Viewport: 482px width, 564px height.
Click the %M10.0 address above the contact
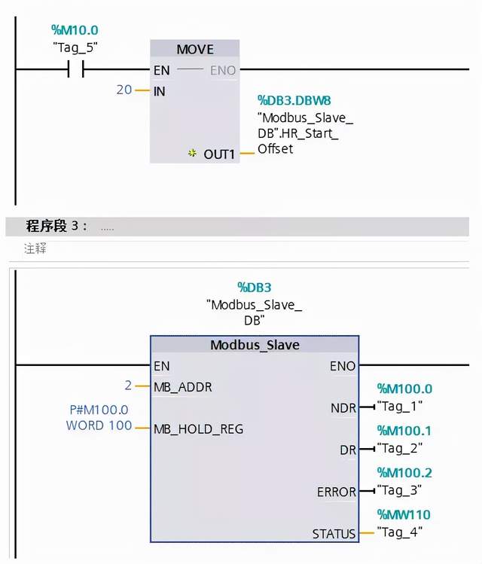click(x=75, y=30)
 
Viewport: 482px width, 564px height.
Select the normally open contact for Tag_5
click(x=75, y=70)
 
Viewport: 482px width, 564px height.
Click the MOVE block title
click(x=195, y=49)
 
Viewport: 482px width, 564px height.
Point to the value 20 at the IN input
click(x=124, y=90)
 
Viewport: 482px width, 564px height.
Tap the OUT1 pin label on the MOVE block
click(x=220, y=154)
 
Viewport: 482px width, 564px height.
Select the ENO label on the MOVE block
click(x=223, y=70)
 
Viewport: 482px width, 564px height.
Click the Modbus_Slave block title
click(x=255, y=345)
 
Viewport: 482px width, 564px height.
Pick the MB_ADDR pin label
click(x=182, y=386)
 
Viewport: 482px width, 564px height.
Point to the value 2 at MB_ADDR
click(x=128, y=386)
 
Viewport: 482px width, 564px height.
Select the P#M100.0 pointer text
click(x=99, y=410)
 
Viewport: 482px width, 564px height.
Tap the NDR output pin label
click(x=343, y=407)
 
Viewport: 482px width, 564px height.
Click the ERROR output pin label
click(x=337, y=492)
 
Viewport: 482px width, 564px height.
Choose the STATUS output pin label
click(x=334, y=533)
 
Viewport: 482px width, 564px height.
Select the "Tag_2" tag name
click(x=400, y=447)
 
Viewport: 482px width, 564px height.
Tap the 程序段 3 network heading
click(x=56, y=226)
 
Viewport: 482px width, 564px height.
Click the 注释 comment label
click(x=35, y=248)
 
